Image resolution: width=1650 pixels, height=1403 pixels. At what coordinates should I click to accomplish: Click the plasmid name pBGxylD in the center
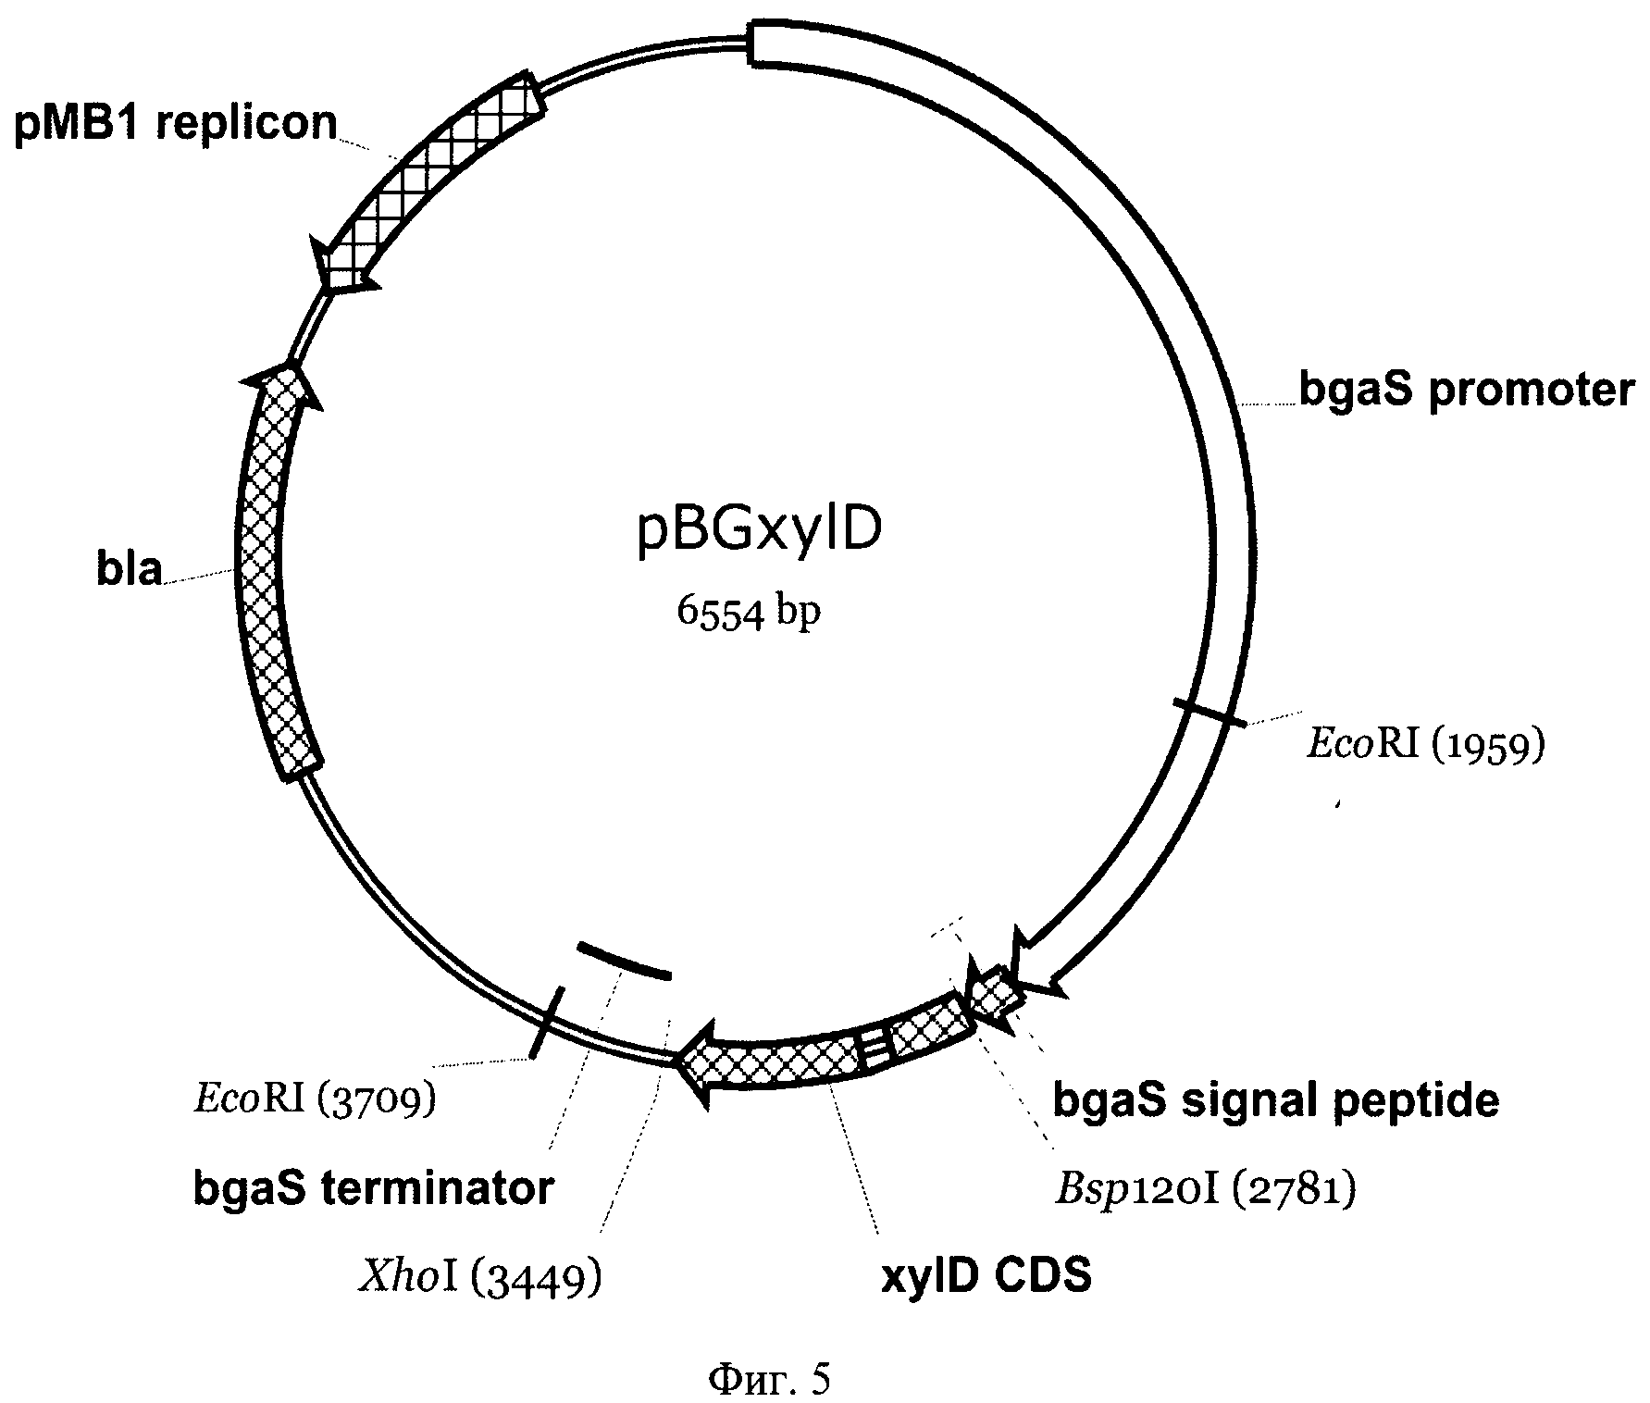[760, 532]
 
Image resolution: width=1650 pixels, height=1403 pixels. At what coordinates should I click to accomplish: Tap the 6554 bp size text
[749, 612]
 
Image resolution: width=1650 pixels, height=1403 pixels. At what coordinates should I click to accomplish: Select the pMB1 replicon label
[175, 123]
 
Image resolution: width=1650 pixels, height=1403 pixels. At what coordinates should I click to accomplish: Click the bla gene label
[129, 569]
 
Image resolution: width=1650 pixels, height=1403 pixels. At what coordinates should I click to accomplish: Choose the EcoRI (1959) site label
[1425, 744]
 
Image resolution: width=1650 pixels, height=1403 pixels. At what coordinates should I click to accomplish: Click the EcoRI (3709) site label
[314, 1099]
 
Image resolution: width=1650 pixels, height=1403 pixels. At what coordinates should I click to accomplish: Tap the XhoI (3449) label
[478, 1278]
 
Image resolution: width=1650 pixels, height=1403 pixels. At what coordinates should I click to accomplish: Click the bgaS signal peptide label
[1276, 1101]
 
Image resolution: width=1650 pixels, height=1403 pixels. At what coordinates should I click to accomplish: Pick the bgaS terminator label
[373, 1188]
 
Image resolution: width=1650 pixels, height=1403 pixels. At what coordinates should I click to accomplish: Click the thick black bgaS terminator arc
[623, 960]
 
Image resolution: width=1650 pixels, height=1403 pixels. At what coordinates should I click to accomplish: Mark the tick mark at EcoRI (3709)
[546, 1023]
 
